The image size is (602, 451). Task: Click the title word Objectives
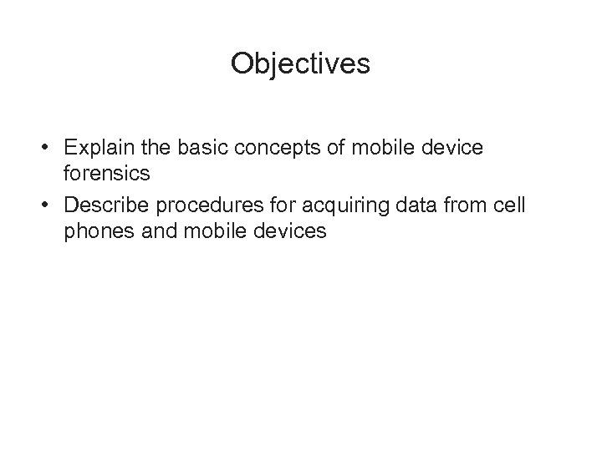tap(300, 64)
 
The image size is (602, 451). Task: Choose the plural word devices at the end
tap(285, 231)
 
